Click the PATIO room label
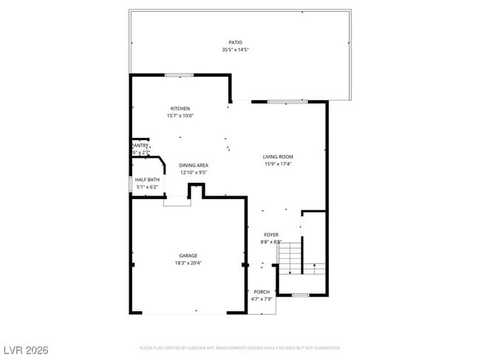(x=235, y=43)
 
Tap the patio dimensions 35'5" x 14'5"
(x=235, y=50)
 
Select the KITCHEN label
(x=180, y=108)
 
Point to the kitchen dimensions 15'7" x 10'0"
(x=180, y=116)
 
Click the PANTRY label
(x=140, y=145)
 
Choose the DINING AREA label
(x=194, y=165)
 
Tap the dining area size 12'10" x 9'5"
(x=194, y=173)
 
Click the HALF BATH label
(x=147, y=180)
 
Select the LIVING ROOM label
(x=278, y=156)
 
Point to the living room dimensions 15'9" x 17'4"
(x=278, y=164)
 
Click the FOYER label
(x=271, y=235)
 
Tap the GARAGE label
(x=188, y=255)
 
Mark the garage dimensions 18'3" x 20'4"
(x=188, y=263)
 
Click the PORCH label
(x=261, y=292)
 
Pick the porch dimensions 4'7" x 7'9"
(x=261, y=299)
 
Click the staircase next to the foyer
(x=291, y=257)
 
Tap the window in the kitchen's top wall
(x=179, y=75)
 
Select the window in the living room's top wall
(x=287, y=101)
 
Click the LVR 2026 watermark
(x=24, y=350)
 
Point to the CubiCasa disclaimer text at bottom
(x=239, y=347)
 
